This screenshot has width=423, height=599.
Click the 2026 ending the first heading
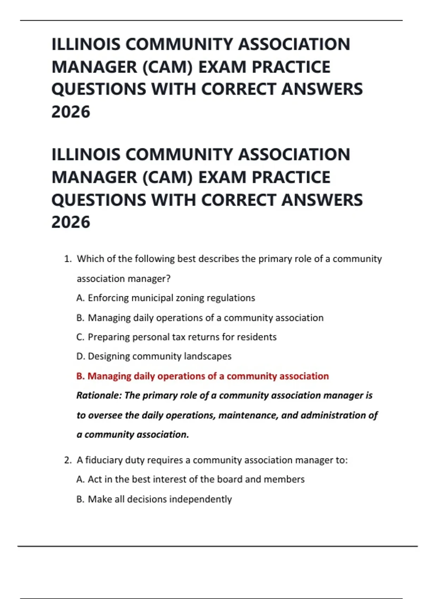coord(71,112)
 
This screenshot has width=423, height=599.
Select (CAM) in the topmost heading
coord(167,67)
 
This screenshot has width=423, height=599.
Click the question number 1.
coord(68,259)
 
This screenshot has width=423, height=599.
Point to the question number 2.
coord(68,460)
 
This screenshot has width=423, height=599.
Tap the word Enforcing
coord(108,298)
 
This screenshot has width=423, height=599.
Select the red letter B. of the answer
coord(80,376)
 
